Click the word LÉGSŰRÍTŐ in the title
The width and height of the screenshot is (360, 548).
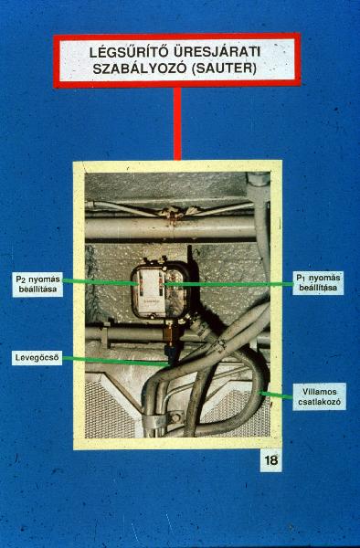[128, 52]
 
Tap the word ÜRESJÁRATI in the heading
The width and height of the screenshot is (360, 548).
[217, 52]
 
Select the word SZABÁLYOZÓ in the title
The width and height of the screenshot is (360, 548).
[140, 68]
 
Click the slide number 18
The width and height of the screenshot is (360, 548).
[270, 460]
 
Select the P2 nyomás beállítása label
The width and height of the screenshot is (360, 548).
[37, 284]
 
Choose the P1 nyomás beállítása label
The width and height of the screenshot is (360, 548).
[318, 283]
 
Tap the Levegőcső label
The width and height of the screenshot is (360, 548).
[37, 358]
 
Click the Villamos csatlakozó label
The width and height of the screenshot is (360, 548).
[320, 396]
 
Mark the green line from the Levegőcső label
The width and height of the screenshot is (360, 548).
[116, 361]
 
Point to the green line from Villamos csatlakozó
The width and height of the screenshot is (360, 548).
[277, 395]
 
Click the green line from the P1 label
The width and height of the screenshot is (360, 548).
[228, 284]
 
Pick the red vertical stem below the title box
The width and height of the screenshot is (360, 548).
[177, 123]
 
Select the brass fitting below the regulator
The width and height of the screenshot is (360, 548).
[171, 332]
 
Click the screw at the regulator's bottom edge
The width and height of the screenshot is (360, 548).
[153, 316]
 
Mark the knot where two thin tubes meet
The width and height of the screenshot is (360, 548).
[171, 212]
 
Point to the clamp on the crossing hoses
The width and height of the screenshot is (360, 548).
[219, 346]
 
